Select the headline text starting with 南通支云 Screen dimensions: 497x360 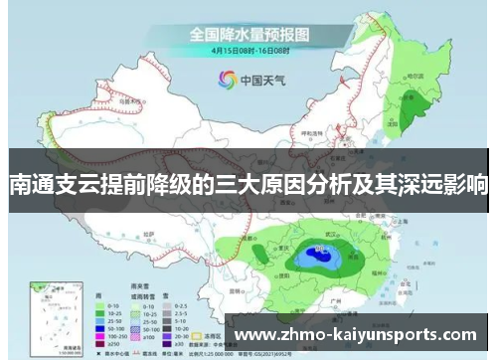pyautogui.click(x=248, y=184)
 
